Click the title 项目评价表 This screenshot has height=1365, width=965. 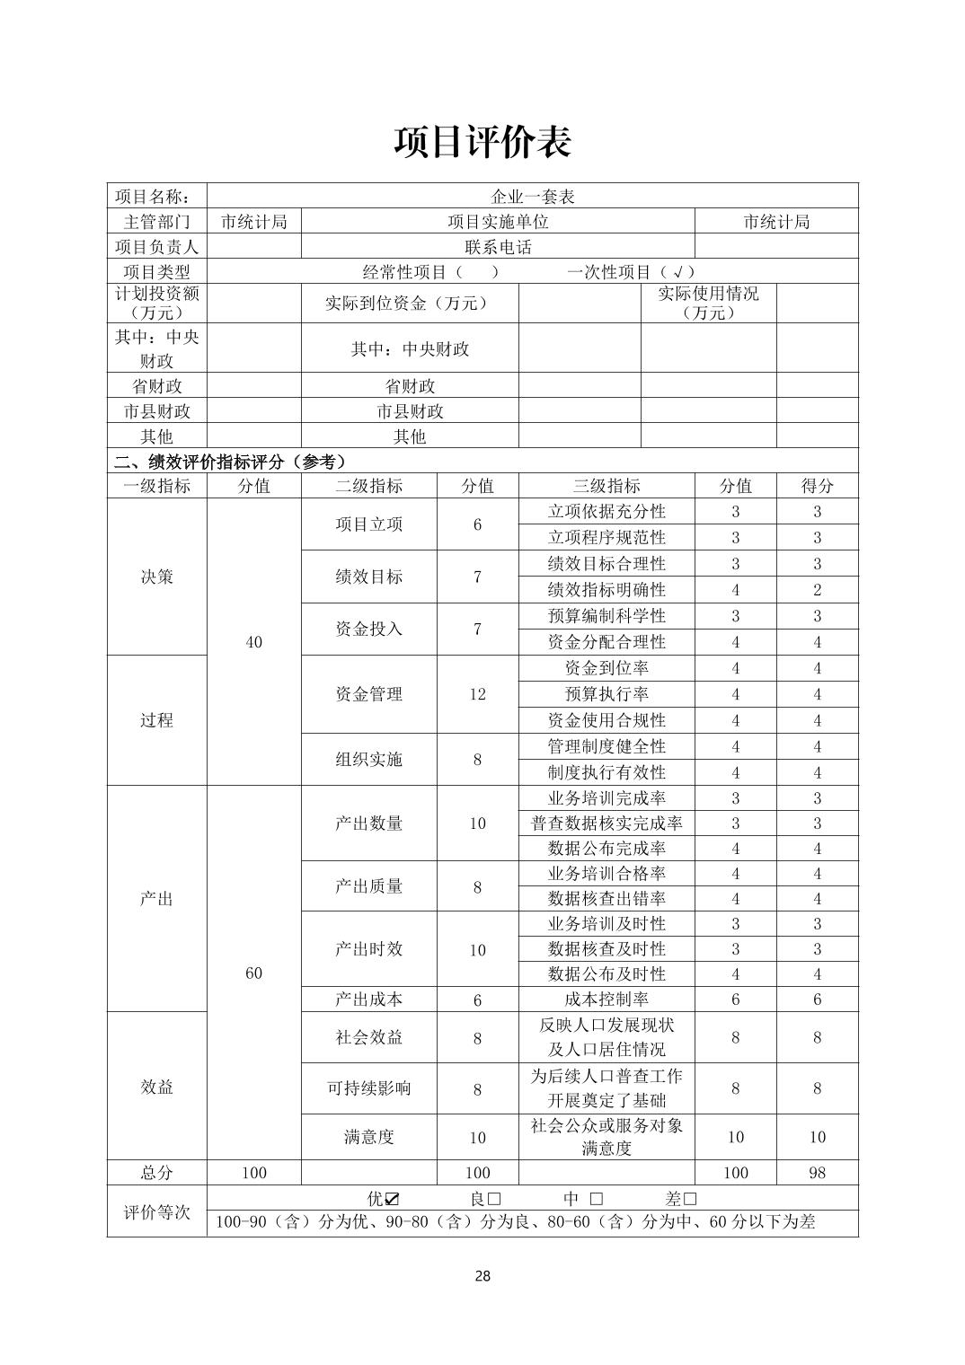[482, 142]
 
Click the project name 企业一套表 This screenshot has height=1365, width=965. [533, 196]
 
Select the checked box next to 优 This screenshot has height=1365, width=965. [392, 1199]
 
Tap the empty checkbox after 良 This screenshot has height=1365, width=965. [493, 1199]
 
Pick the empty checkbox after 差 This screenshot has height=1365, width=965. [690, 1199]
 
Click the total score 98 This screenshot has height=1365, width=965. [817, 1172]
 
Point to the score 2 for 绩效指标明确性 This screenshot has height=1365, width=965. [817, 590]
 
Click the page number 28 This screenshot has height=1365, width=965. [482, 1276]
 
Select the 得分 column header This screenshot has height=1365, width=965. [817, 486]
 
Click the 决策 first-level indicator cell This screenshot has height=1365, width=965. [156, 577]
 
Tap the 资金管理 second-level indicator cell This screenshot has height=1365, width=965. [368, 694]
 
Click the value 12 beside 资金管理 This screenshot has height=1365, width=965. [477, 694]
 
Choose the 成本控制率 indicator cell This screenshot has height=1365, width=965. [606, 1000]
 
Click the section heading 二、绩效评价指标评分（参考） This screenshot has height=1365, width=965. [231, 462]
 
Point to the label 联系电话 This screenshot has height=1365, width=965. [498, 247]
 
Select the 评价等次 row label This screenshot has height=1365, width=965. [156, 1211]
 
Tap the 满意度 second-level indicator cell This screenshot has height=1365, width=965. [368, 1137]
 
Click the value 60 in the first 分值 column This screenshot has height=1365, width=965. [253, 973]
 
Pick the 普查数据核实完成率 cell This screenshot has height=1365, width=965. [606, 823]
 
